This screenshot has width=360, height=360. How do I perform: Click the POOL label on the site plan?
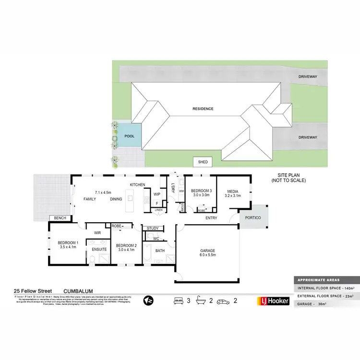130,136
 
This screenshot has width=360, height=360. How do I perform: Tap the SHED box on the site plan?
203,162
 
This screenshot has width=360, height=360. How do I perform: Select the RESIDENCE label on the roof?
203,109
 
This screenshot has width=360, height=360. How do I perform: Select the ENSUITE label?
99,250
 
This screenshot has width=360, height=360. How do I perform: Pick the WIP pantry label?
156,194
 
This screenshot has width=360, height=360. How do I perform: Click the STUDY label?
153,228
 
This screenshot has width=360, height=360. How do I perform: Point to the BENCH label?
60,218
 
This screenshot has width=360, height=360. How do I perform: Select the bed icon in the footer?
178,301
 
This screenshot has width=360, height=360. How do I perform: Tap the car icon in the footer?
223,301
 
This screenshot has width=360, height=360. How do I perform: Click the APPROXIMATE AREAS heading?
318,280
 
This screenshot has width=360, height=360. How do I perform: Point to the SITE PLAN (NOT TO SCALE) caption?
288,178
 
